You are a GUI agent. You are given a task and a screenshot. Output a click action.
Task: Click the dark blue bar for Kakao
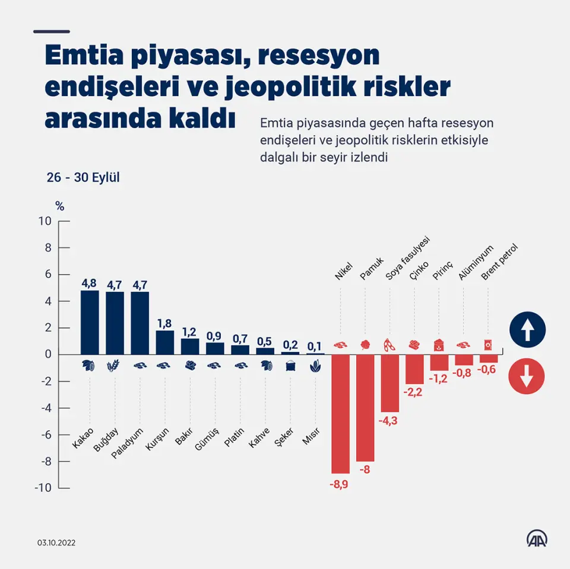click(x=90, y=322)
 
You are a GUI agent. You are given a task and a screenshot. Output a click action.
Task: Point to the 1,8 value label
click(x=165, y=323)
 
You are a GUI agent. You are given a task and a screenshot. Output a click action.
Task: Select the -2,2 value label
click(x=414, y=392)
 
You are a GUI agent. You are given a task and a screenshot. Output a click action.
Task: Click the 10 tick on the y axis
click(x=46, y=221)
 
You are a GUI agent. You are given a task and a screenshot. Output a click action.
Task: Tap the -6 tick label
click(x=46, y=435)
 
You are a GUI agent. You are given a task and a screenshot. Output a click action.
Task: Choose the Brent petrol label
click(x=500, y=261)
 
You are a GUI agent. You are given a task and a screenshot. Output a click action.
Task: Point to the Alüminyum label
click(x=476, y=263)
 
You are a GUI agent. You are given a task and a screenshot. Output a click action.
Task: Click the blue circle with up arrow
click(x=527, y=329)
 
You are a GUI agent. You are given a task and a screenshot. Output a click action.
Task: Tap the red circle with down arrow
click(x=527, y=376)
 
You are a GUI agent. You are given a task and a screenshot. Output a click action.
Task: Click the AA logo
click(x=537, y=539)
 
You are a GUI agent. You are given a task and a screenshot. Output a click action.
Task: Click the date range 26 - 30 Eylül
click(x=84, y=177)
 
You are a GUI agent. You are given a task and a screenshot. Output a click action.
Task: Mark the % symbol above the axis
click(x=59, y=206)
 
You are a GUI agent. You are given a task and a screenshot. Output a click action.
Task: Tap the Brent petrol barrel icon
click(x=488, y=345)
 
